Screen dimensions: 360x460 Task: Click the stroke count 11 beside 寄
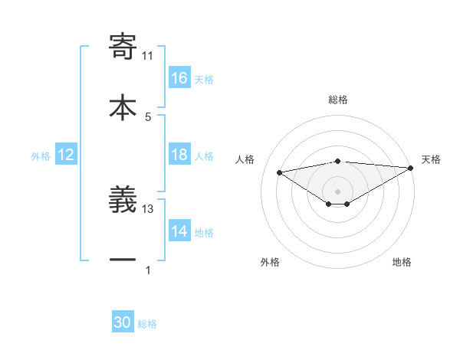pyautogui.click(x=148, y=55)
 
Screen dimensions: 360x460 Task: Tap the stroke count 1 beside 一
pyautogui.click(x=148, y=270)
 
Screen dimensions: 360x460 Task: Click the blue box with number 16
pyautogui.click(x=179, y=78)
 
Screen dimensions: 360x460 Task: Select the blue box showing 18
pyautogui.click(x=179, y=155)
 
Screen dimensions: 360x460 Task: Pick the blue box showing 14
pyautogui.click(x=179, y=232)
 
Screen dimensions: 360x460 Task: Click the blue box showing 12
pyautogui.click(x=66, y=155)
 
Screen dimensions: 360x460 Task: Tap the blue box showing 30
pyautogui.click(x=123, y=323)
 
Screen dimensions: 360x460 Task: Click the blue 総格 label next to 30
pyautogui.click(x=147, y=324)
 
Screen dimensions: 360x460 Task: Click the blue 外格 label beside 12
pyautogui.click(x=41, y=156)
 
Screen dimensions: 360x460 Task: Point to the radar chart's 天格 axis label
pyautogui.click(x=431, y=159)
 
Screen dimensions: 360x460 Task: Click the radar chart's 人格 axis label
pyautogui.click(x=245, y=159)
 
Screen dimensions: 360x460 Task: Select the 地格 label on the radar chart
pyautogui.click(x=402, y=262)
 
